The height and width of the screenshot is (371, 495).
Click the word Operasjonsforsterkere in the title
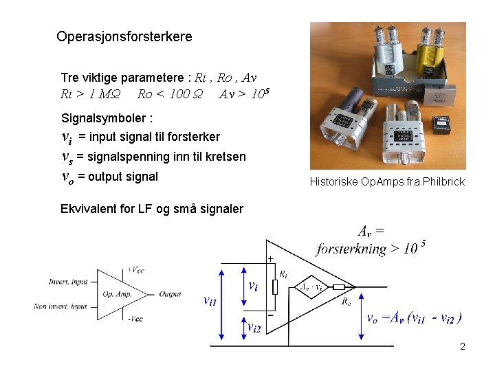tap(124, 36)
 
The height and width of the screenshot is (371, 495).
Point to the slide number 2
tap(463, 346)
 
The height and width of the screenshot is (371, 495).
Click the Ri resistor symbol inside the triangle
tap(274, 284)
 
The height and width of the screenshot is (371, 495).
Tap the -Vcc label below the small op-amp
tap(135, 318)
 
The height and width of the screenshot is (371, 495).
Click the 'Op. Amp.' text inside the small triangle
tap(116, 294)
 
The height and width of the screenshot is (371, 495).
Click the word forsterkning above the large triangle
tap(351, 249)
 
